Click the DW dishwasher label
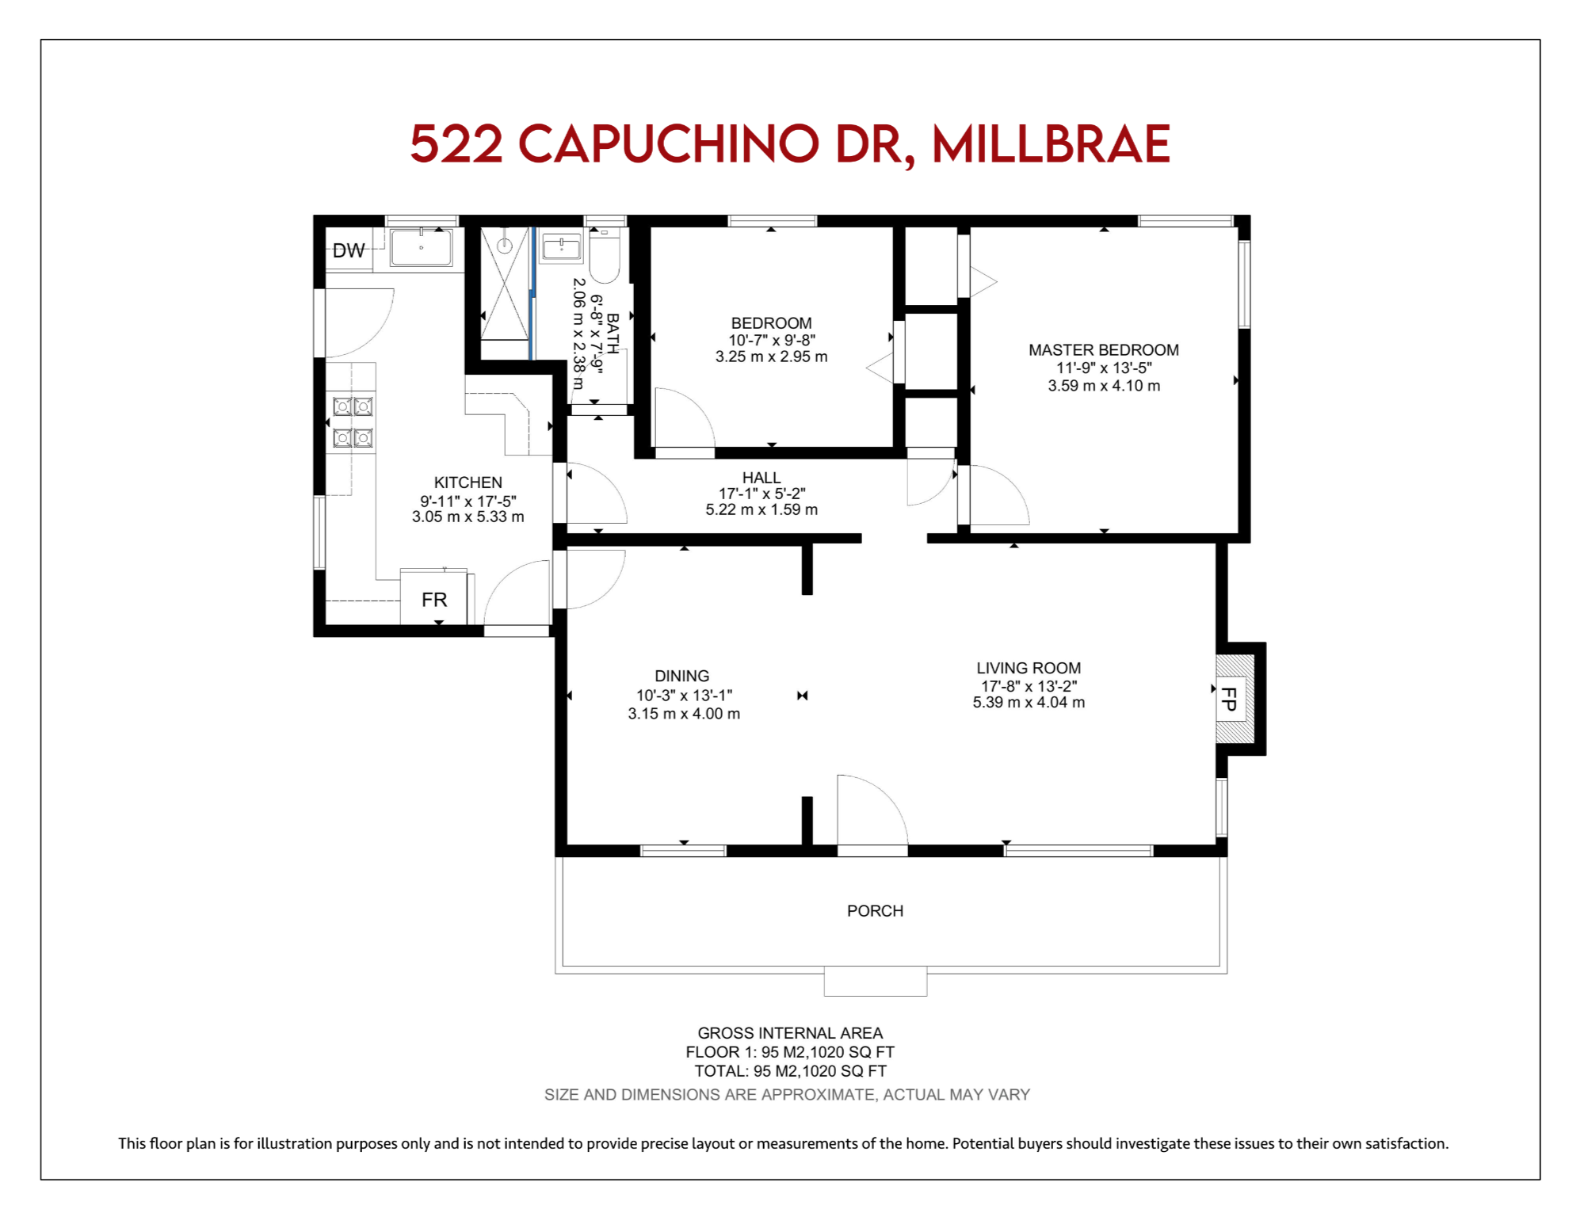coord(349,250)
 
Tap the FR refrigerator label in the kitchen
coord(434,600)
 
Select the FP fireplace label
coord(1229,699)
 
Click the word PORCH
coord(875,911)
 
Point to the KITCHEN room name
coord(468,482)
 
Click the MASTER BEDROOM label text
coord(1104,350)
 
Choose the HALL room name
coord(761,478)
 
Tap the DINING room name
coord(682,676)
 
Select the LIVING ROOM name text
coord(1029,668)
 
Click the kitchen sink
coord(421,248)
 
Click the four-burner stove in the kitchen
coord(353,422)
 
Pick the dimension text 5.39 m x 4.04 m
coord(1029,703)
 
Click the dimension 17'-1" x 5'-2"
coord(761,494)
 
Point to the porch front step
coord(876,981)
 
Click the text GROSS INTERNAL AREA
coord(790,1033)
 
